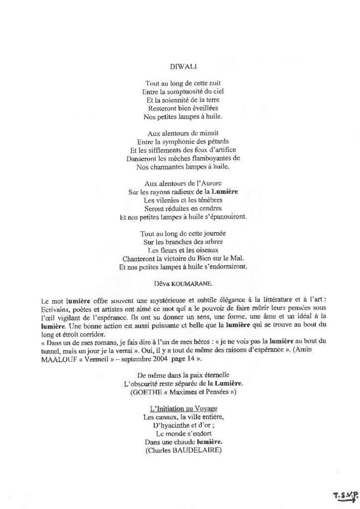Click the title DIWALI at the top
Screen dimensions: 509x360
180,65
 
